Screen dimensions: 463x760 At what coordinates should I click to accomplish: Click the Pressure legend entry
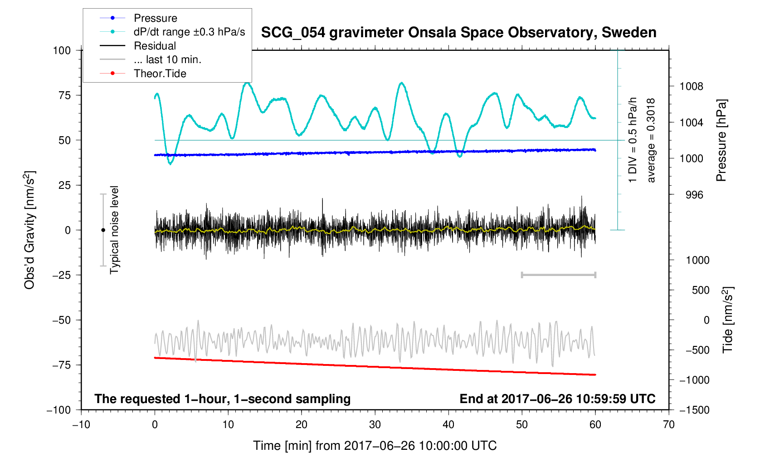tap(155, 18)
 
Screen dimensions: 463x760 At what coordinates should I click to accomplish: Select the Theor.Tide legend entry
tap(160, 74)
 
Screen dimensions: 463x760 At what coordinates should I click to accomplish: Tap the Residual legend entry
tap(155, 46)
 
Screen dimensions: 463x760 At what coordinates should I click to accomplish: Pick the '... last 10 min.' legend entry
tap(167, 59)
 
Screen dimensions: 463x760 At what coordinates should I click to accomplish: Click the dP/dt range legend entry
tap(189, 32)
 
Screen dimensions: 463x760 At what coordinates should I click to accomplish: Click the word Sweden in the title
tap(629, 33)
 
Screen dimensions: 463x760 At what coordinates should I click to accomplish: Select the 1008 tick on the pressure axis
tap(691, 86)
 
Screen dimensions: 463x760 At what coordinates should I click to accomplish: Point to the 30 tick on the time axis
tap(375, 424)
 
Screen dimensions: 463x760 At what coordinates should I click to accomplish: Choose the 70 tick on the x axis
tap(668, 424)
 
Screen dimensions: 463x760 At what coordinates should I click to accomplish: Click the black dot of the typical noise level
tap(103, 230)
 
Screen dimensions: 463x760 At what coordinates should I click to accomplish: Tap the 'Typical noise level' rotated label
tap(114, 230)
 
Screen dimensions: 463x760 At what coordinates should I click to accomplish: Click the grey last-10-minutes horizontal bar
tap(558, 275)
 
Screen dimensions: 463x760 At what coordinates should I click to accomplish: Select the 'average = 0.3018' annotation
tap(651, 140)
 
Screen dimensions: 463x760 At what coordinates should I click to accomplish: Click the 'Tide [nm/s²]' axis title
tap(728, 320)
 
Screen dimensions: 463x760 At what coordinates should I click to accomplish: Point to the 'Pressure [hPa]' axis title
tap(721, 140)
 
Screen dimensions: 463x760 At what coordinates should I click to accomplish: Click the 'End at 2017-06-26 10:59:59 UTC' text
tap(557, 399)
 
